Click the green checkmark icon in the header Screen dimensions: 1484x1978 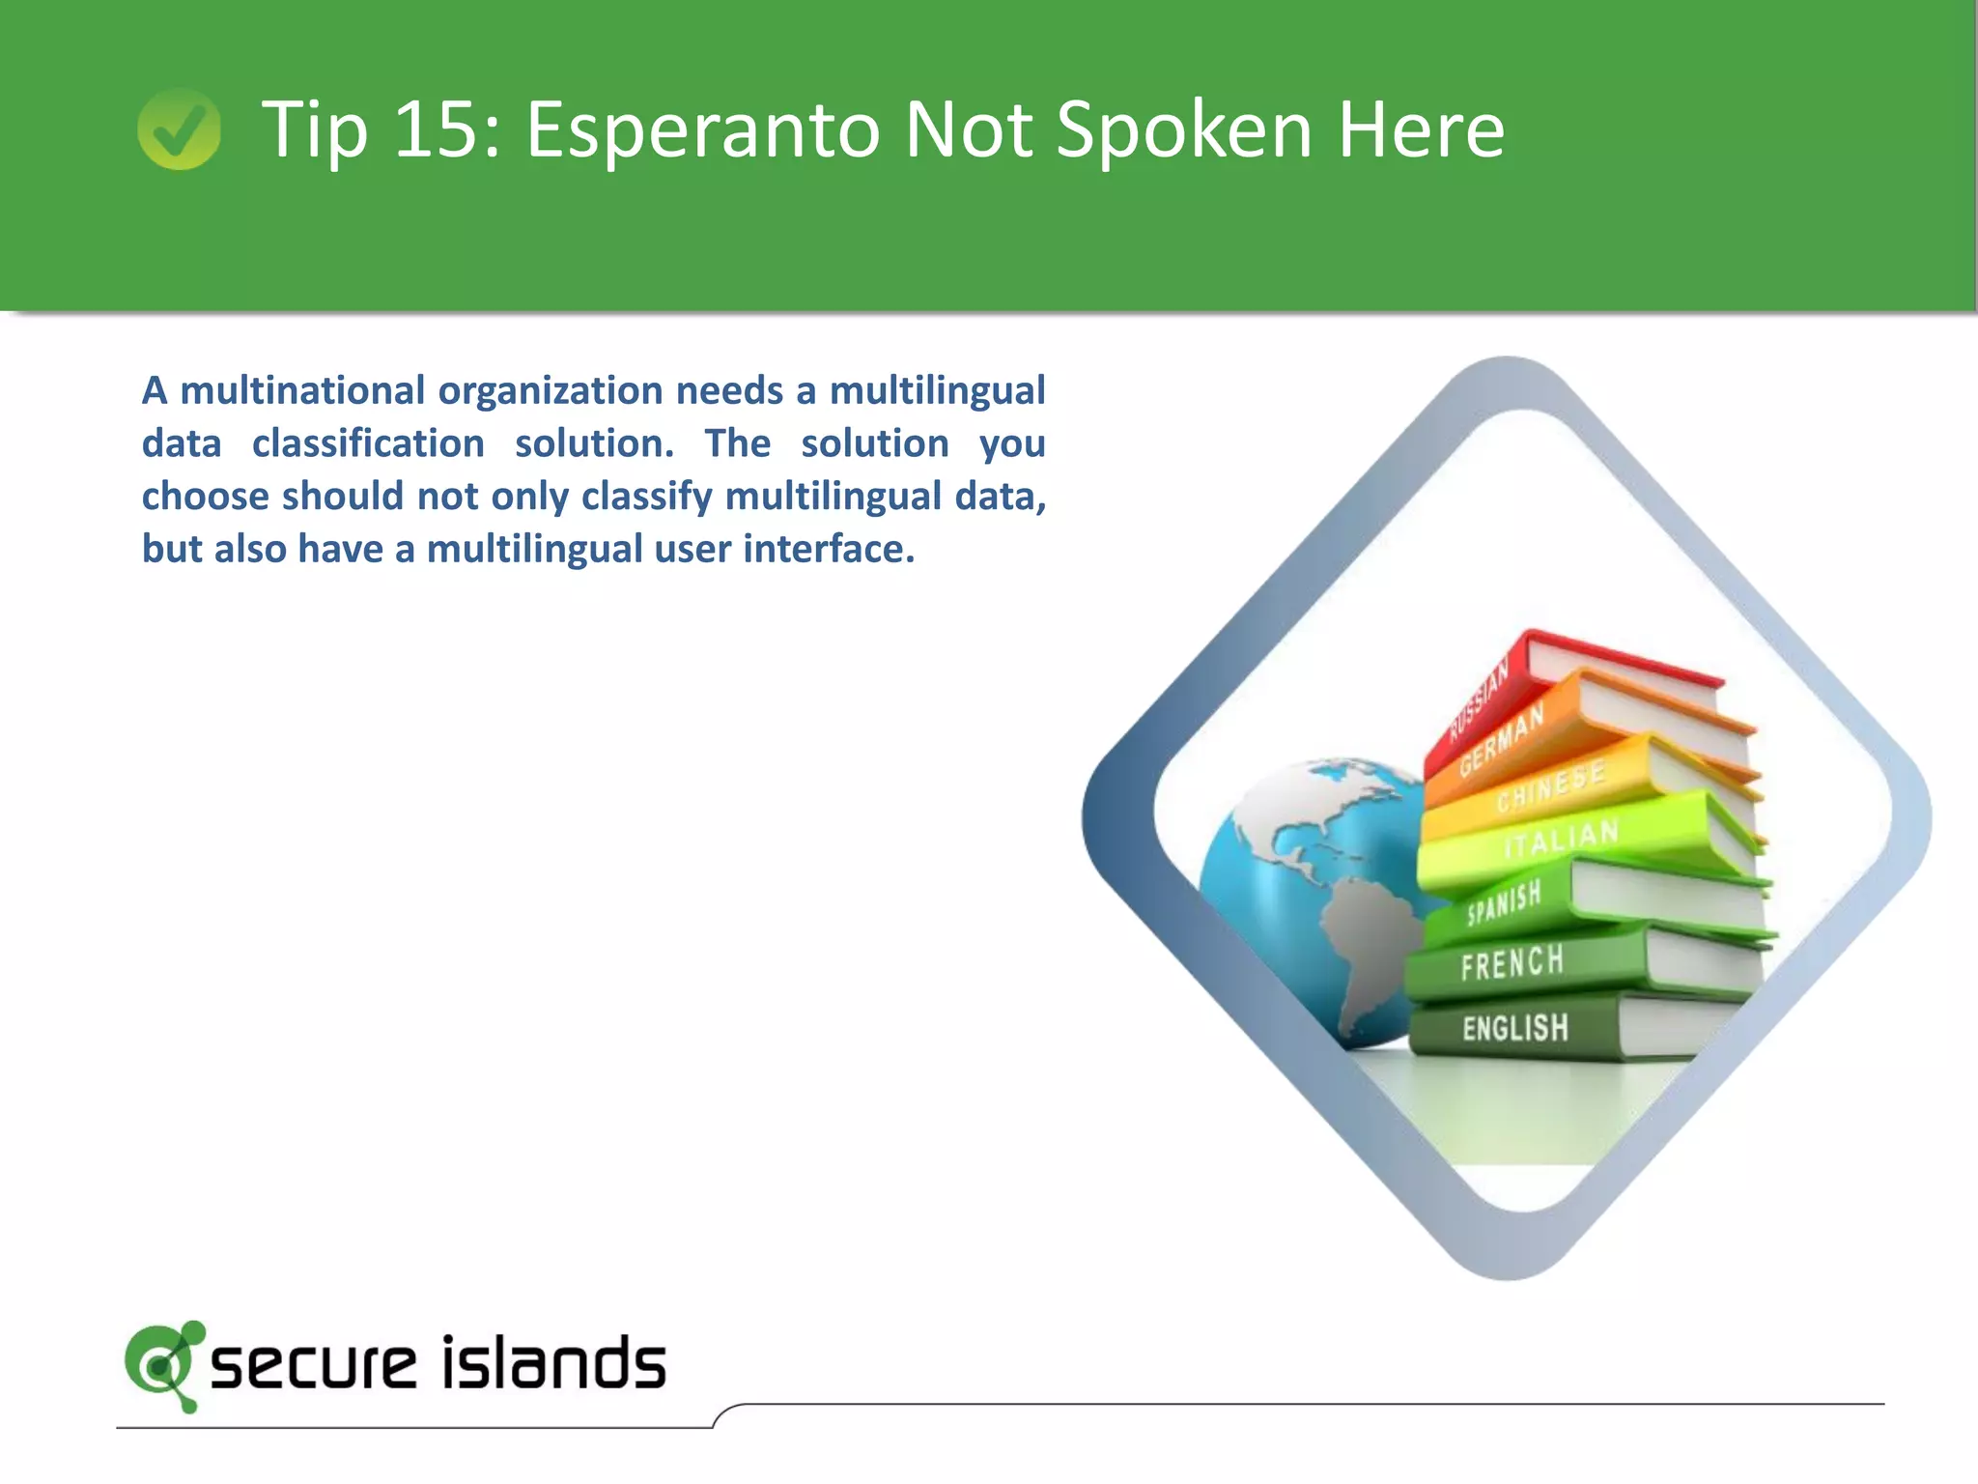pyautogui.click(x=179, y=128)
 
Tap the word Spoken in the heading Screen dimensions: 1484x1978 pyautogui.click(x=1184, y=130)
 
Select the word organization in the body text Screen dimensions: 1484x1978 pyautogui.click(x=550, y=391)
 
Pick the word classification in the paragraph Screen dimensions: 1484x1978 pyautogui.click(x=368, y=443)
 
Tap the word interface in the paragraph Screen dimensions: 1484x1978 pyautogui.click(x=828, y=549)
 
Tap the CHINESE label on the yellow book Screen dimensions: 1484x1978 pyautogui.click(x=1551, y=786)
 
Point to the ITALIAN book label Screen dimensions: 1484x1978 pyautogui.click(x=1561, y=839)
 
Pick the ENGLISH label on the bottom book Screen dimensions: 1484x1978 pyautogui.click(x=1514, y=1028)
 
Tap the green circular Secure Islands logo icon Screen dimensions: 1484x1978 pyautogui.click(x=162, y=1364)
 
